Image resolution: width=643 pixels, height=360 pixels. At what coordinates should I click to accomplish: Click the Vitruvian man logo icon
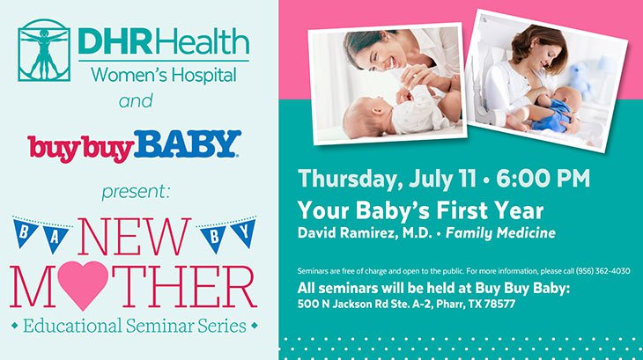(x=44, y=50)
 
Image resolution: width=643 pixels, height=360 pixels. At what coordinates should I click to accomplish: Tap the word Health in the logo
(x=202, y=41)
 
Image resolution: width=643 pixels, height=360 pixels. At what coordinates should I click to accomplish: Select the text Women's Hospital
(x=164, y=76)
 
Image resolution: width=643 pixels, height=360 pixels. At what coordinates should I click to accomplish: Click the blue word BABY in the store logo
(x=187, y=143)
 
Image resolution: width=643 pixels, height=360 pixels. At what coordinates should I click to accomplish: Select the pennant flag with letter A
(x=55, y=238)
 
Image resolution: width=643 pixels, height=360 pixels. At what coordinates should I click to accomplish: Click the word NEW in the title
(x=134, y=237)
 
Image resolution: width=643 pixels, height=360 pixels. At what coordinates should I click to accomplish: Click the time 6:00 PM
(x=543, y=179)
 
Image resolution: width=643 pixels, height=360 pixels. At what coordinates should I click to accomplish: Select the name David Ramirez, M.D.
(x=365, y=233)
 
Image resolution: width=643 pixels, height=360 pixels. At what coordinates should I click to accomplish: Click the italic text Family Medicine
(x=500, y=233)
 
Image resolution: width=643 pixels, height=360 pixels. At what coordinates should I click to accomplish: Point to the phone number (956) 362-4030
(x=602, y=271)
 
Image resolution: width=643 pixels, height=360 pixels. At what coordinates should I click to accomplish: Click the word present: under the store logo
(x=136, y=192)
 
